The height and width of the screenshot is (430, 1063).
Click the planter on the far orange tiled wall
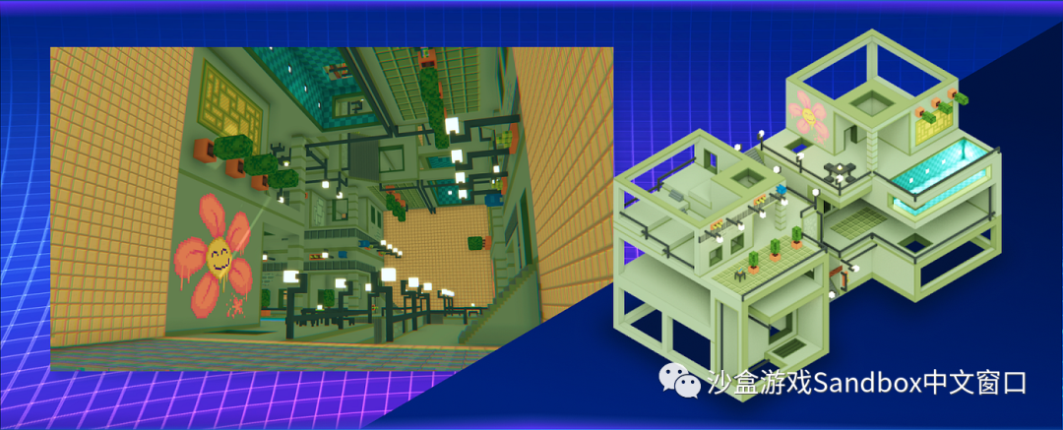click(x=476, y=243)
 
